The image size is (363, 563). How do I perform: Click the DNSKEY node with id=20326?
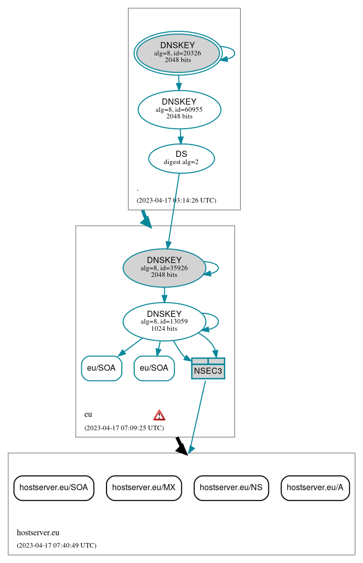pyautogui.click(x=178, y=53)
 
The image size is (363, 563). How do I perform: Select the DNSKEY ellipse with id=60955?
pyautogui.click(x=179, y=109)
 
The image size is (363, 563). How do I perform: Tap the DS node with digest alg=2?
pyautogui.click(x=181, y=158)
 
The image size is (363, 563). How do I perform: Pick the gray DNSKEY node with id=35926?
pyautogui.click(x=164, y=268)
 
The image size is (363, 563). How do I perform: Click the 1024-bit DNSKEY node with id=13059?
pyautogui.click(x=164, y=321)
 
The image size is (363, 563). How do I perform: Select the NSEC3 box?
pyautogui.click(x=208, y=369)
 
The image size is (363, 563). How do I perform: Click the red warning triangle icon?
pyautogui.click(x=159, y=415)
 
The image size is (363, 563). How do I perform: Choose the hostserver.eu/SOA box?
pyautogui.click(x=54, y=488)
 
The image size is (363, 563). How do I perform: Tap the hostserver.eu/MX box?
pyautogui.click(x=144, y=488)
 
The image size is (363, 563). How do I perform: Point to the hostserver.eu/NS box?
pyautogui.click(x=231, y=488)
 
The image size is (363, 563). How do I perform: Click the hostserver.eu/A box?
pyautogui.click(x=315, y=488)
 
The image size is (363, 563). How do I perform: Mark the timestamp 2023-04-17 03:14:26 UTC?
pyautogui.click(x=176, y=200)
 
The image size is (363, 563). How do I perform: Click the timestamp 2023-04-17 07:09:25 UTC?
pyautogui.click(x=124, y=428)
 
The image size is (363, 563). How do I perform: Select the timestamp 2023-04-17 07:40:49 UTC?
pyautogui.click(x=56, y=546)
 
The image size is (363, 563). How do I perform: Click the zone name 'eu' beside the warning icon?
pyautogui.click(x=88, y=414)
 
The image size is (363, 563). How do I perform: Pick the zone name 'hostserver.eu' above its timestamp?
pyautogui.click(x=38, y=533)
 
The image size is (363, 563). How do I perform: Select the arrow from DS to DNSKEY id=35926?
pyautogui.click(x=173, y=210)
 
